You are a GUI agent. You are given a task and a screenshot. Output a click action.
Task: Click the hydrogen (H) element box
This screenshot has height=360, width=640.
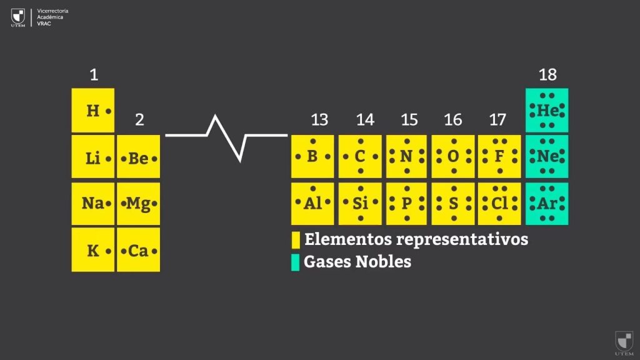tap(93, 111)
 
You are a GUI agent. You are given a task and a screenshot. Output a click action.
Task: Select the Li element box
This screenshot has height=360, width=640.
tap(93, 158)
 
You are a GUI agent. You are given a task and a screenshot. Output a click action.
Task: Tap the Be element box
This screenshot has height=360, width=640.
tap(138, 158)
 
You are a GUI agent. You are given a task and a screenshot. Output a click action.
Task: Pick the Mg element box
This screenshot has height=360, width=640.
tap(138, 204)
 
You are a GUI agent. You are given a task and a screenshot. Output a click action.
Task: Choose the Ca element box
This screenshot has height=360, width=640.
tap(138, 250)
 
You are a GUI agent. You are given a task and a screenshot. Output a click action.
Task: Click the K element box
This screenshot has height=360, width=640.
tap(93, 250)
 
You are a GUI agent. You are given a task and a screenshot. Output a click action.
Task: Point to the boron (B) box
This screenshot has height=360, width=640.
tap(312, 156)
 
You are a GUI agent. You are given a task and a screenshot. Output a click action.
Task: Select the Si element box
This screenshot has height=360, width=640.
tap(360, 203)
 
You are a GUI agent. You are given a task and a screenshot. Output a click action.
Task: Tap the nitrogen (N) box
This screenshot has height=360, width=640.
tap(406, 156)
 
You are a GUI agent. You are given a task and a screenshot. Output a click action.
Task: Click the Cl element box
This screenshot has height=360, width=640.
tap(499, 203)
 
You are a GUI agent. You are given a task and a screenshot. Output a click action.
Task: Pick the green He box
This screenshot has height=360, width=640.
tap(547, 110)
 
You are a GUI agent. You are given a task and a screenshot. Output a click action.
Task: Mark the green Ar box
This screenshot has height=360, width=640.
tap(547, 203)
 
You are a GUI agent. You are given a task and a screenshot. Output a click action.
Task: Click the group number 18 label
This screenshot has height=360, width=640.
tap(547, 75)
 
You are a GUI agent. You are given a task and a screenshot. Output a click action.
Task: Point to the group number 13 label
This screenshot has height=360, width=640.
tap(319, 119)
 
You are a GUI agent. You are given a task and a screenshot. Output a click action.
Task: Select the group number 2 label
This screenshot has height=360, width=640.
tap(139, 119)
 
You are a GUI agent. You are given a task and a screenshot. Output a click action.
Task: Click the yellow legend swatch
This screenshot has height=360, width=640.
tap(296, 240)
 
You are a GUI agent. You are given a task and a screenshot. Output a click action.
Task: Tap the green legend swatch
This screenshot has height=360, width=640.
tap(296, 262)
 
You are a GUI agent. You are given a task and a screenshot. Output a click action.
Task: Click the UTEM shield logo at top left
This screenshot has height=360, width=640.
tap(18, 16)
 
